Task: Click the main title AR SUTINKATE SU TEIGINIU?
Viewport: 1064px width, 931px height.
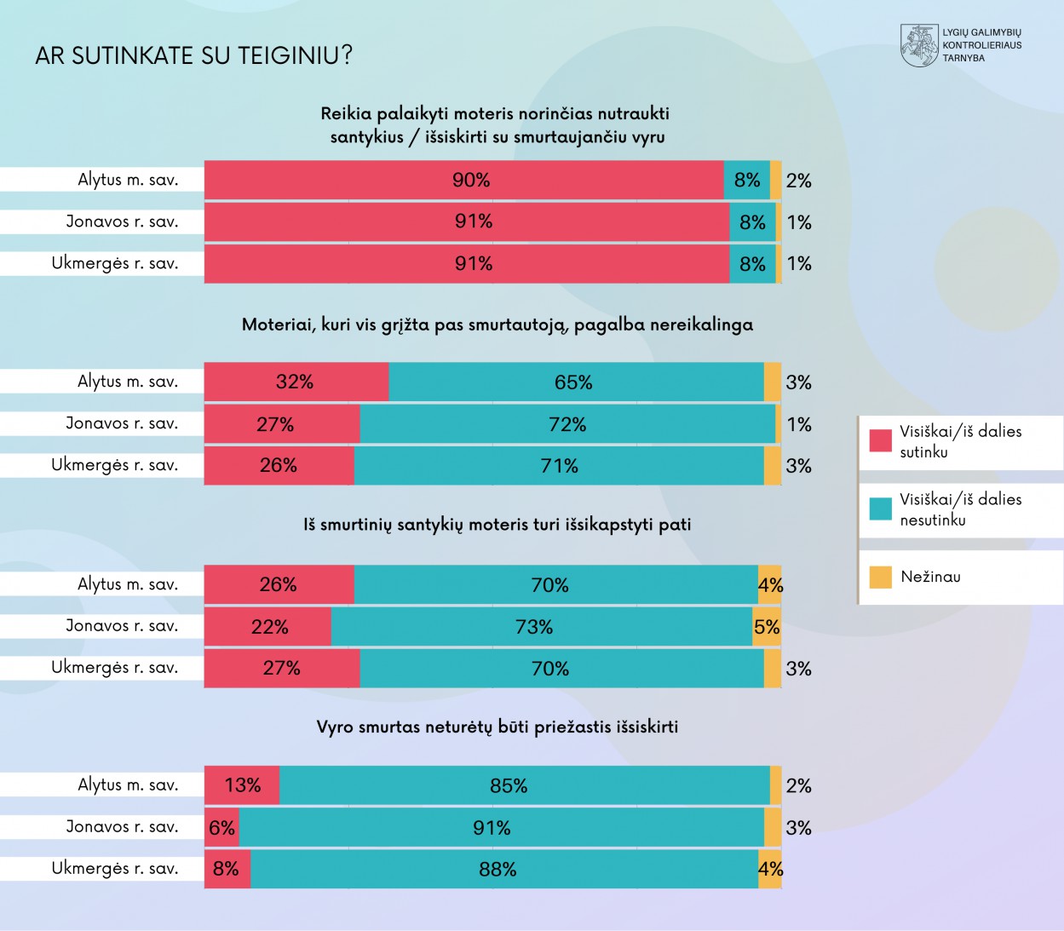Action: (193, 56)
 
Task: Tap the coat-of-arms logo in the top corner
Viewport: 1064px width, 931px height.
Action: (919, 46)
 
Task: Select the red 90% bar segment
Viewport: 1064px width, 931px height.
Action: (464, 180)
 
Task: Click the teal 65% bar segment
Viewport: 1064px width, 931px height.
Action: (576, 382)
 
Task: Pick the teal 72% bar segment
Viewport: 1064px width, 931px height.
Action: (567, 424)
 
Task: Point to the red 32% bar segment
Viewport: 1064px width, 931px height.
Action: (296, 382)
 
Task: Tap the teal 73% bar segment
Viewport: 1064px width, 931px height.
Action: (542, 627)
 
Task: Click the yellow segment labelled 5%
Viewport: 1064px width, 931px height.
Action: (767, 627)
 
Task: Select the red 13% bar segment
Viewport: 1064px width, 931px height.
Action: (242, 785)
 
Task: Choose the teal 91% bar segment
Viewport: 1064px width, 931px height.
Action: (501, 827)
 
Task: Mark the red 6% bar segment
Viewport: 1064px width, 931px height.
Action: (221, 827)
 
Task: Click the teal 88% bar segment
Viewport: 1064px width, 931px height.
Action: (504, 869)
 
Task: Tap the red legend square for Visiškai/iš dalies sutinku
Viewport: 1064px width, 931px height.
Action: (880, 440)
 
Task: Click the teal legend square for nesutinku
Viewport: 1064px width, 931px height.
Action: (880, 509)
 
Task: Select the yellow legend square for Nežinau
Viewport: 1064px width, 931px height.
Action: (880, 577)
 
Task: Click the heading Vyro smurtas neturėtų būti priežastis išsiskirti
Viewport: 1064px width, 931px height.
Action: (497, 727)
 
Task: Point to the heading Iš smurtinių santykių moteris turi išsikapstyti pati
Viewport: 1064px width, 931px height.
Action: (497, 525)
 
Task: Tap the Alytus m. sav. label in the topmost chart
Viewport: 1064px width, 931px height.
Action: (128, 180)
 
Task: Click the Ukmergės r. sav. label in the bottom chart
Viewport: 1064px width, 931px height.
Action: (115, 869)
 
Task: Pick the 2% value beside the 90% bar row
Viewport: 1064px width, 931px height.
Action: (798, 181)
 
